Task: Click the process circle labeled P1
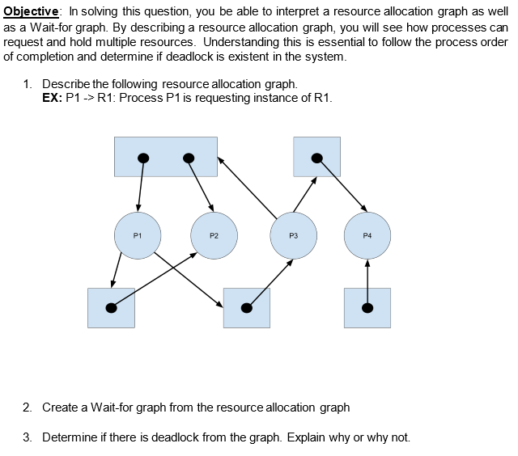[x=138, y=235]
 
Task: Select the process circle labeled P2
[x=214, y=235]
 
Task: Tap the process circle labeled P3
[x=293, y=235]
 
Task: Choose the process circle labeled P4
[x=367, y=235]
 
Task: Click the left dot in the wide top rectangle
[x=142, y=158]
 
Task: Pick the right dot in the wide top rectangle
[x=189, y=158]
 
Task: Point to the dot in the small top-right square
[x=317, y=158]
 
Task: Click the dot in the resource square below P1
[x=112, y=307]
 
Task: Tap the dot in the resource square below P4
[x=367, y=307]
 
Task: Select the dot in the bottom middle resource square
[x=247, y=307]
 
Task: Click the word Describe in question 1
[x=67, y=84]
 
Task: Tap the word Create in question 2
[x=61, y=407]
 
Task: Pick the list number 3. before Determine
[x=28, y=437]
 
